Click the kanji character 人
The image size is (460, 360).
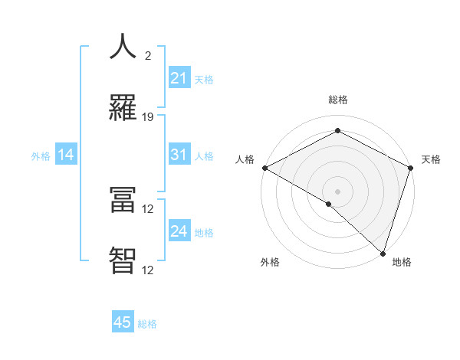pos(123,47)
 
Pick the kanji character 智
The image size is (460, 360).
pos(123,260)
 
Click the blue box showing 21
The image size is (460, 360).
pos(179,78)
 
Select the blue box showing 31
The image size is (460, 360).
pos(179,155)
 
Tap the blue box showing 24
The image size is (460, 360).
pos(179,231)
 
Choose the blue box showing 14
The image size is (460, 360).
pos(66,155)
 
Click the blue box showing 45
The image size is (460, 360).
pos(123,322)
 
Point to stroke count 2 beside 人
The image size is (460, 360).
pos(148,55)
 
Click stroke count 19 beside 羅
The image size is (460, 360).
pos(148,117)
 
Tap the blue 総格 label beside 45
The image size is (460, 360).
pos(147,324)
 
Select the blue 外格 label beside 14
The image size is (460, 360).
pos(41,156)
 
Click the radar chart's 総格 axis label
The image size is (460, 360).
pos(337,100)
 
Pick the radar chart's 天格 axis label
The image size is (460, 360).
pos(431,159)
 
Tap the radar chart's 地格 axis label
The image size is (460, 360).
pos(402,262)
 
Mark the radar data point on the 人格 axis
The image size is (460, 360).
pos(264,168)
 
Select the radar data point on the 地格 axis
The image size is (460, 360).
pos(383,253)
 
